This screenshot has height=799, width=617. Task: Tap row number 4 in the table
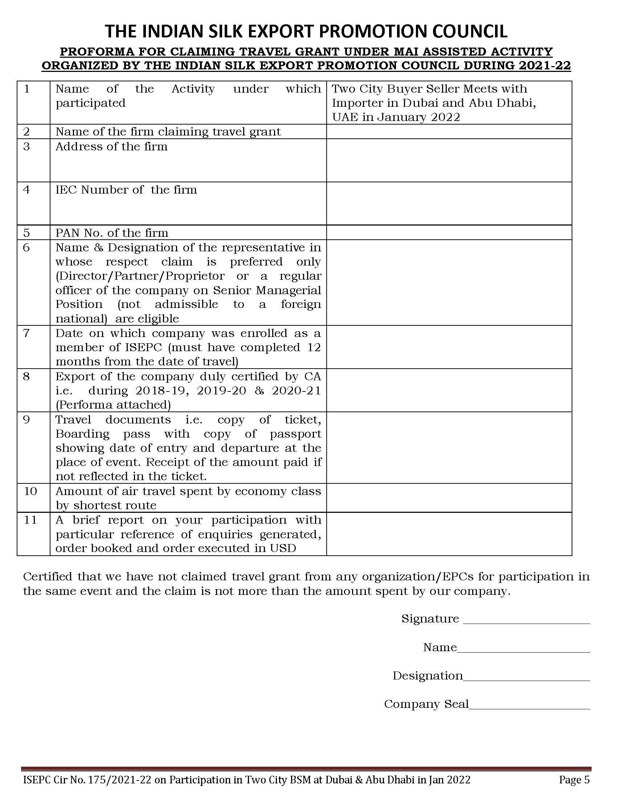[x=27, y=190]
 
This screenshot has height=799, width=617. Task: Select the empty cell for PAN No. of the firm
[x=449, y=233]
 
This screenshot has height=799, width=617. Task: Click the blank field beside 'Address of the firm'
[x=449, y=160]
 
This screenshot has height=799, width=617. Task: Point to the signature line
[x=526, y=620]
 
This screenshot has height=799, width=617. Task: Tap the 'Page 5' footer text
[x=574, y=780]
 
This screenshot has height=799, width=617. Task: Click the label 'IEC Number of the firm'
[x=126, y=190]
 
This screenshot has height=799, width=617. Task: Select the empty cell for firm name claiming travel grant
[x=449, y=132]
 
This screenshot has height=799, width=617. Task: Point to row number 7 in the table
[x=26, y=333]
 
